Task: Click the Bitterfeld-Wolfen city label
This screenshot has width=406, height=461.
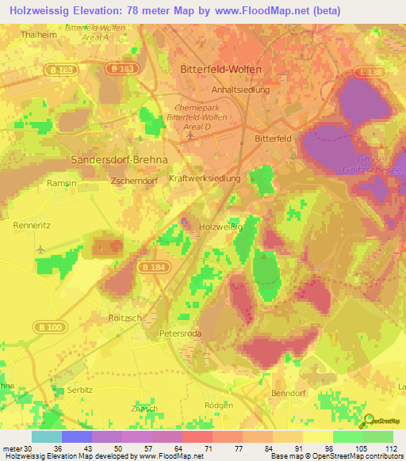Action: tap(221, 69)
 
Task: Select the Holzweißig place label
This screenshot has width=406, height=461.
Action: tap(220, 227)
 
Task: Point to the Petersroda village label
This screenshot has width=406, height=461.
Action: tap(181, 333)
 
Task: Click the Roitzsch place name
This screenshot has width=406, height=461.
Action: tap(123, 317)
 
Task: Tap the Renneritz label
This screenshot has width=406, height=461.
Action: tap(33, 225)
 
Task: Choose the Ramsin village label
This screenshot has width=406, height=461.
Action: tap(61, 182)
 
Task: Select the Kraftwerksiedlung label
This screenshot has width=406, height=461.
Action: tap(205, 179)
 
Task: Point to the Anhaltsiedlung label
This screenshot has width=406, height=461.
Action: tap(234, 90)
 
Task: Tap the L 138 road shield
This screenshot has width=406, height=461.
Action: tap(368, 72)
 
